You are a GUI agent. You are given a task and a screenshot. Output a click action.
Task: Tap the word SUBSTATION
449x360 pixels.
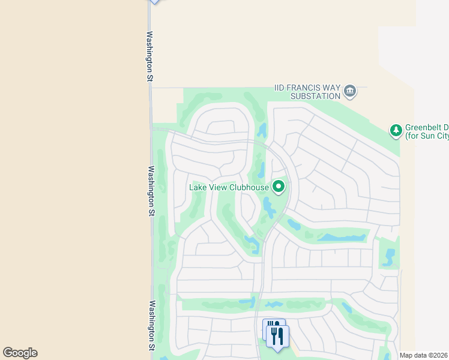coord(315,96)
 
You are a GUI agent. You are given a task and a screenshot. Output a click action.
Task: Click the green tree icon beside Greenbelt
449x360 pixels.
coord(396,130)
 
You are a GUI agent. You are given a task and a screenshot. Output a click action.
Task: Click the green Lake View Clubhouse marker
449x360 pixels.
coord(279,187)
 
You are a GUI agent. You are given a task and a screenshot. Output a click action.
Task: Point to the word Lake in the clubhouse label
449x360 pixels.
coord(199,187)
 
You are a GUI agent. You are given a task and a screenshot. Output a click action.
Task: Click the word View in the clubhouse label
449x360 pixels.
coord(218,187)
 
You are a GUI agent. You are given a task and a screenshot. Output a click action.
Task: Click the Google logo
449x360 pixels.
coord(20,353)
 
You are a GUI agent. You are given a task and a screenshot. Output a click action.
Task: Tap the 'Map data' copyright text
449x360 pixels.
coord(423,355)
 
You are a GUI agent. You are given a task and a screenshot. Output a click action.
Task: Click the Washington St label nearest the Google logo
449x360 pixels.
coord(152,325)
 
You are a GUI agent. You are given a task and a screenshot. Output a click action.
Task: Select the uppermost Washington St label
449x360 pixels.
coord(149,57)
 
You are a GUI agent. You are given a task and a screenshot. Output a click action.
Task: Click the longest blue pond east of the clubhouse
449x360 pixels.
coord(342,238)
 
